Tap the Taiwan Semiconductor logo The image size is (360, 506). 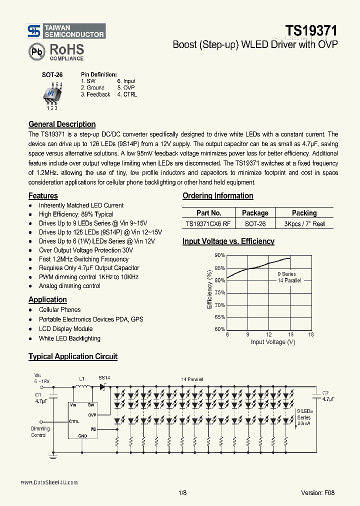click(x=66, y=31)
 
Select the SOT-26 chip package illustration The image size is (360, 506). click(x=52, y=94)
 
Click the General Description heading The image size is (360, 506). click(x=62, y=124)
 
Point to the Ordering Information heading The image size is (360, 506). click(x=217, y=196)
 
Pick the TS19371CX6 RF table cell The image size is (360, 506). click(x=208, y=224)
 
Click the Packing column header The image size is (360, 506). click(x=304, y=213)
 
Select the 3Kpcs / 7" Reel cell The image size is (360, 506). click(x=304, y=224)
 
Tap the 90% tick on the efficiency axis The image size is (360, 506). click(x=219, y=255)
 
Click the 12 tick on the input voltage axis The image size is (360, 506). click(x=269, y=334)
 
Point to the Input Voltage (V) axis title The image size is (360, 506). click(x=273, y=342)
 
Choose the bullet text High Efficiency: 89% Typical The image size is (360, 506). click(x=76, y=214)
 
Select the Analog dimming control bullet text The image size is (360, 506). click(x=69, y=286)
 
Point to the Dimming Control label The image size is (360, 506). click(x=40, y=432)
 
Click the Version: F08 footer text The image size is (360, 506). click(x=318, y=492)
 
